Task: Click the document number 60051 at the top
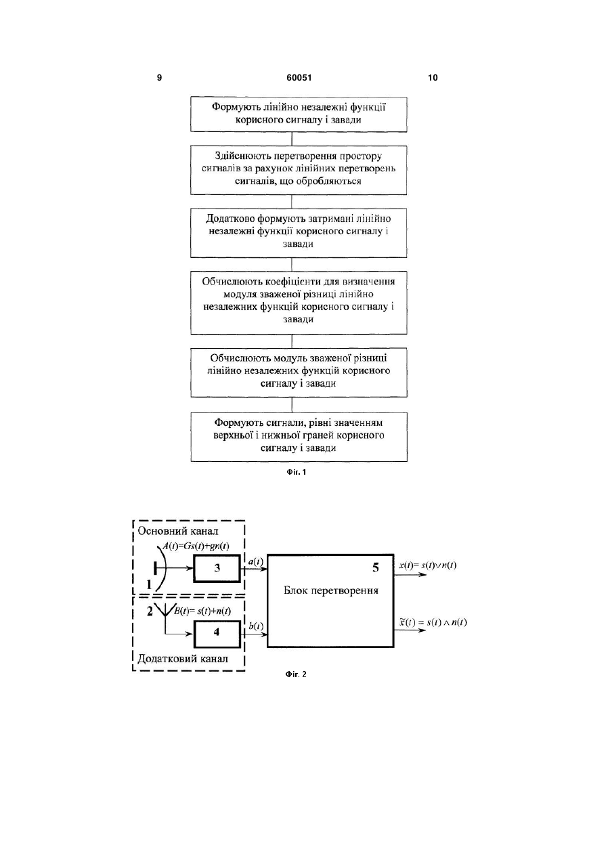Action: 299,78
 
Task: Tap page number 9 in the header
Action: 159,78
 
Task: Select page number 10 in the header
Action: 433,78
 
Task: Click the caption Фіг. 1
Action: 297,472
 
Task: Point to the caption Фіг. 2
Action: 296,674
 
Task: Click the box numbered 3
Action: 217,568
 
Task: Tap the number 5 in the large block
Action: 376,567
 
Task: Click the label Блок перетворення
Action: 331,590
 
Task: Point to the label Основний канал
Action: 178,531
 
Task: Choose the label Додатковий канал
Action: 183,659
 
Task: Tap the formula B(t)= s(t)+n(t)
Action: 202,611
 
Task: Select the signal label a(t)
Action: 255,562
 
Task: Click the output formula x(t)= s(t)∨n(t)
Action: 428,565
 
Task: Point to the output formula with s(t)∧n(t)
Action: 433,623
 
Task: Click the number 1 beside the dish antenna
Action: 149,585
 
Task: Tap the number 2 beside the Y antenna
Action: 150,611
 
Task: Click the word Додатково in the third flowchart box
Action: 230,219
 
